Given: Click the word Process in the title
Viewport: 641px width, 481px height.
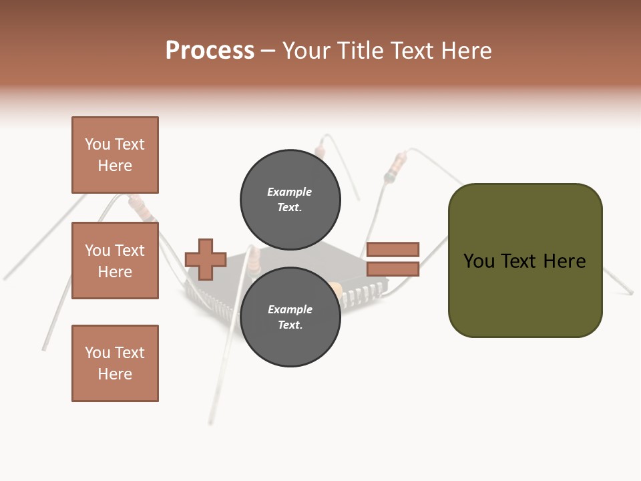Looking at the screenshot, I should tap(210, 51).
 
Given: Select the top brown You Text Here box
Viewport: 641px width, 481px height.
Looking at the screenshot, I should tap(115, 155).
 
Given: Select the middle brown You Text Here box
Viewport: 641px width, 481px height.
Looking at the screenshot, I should tap(115, 261).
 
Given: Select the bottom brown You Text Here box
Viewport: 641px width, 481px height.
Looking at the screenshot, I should tap(115, 363).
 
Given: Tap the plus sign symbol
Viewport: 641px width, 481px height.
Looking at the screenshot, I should tap(206, 259).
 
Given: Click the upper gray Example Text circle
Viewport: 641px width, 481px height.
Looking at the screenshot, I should tap(290, 199).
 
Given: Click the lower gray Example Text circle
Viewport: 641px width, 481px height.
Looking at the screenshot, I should tap(290, 317).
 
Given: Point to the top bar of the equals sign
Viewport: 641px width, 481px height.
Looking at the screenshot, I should tap(393, 249).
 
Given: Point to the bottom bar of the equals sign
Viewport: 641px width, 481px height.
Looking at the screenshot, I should tap(393, 269).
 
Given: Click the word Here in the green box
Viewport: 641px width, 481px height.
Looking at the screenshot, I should tap(564, 261).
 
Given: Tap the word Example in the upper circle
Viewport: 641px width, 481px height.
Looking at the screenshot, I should tap(289, 192).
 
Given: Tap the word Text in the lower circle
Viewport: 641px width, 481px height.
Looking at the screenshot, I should tap(290, 325).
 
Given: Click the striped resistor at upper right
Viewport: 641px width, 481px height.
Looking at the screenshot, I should tap(399, 162).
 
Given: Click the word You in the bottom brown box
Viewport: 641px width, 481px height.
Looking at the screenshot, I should tap(97, 353).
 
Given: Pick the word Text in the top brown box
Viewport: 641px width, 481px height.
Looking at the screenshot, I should tap(129, 144).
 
